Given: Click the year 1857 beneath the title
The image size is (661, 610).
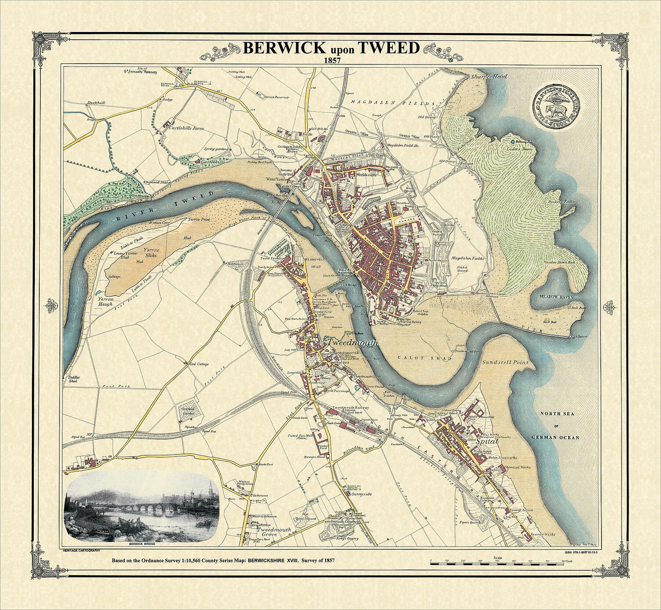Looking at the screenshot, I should coord(331,60).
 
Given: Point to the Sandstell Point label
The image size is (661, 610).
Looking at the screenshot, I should coord(505,362).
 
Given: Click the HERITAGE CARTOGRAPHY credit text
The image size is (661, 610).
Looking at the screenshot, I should coord(81,553).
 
